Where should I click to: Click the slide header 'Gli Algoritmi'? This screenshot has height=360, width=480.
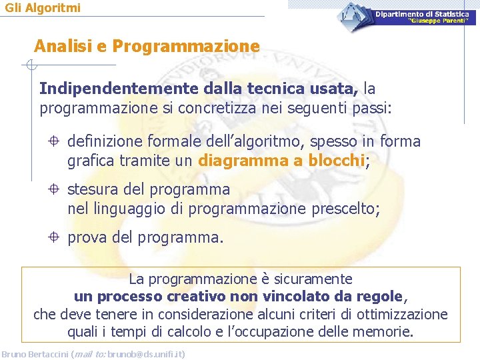coord(43,8)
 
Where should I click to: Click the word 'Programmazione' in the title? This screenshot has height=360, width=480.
coord(186,47)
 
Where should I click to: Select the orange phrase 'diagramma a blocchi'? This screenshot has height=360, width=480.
coord(282,160)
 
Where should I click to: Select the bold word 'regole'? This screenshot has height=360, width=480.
coord(380,296)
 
